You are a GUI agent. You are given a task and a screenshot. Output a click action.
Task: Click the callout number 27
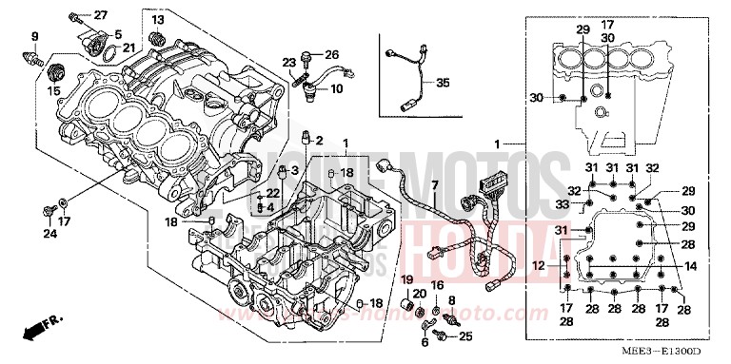101,15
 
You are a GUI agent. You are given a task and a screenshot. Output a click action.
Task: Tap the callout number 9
35,37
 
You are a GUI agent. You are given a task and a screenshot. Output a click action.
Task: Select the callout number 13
156,20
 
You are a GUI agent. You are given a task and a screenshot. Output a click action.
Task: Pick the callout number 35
441,84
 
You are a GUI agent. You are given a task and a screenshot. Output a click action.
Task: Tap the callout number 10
336,89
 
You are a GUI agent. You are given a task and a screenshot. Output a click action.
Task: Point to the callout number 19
406,279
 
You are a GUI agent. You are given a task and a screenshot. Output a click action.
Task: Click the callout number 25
464,336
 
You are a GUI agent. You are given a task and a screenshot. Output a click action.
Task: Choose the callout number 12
538,264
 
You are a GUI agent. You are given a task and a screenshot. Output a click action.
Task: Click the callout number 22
273,193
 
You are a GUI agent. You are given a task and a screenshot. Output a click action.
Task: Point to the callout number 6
425,342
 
